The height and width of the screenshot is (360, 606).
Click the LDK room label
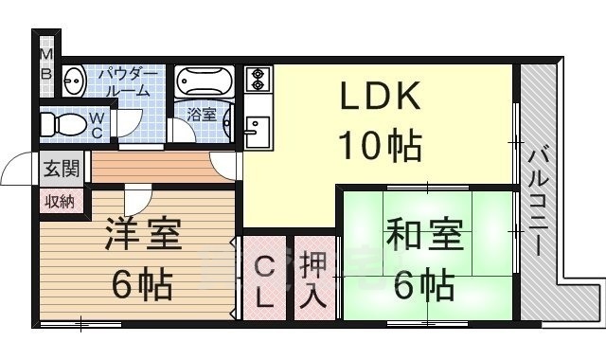tap(380, 99)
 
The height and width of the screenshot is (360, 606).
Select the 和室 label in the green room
tap(422, 234)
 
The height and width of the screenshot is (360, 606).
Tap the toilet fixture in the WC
tap(62, 124)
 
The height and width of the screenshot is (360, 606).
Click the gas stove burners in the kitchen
tap(258, 79)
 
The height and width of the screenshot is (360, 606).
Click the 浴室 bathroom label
tap(201, 116)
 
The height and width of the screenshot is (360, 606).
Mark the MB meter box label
tap(45, 64)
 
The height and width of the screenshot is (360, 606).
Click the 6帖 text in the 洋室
tap(141, 281)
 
